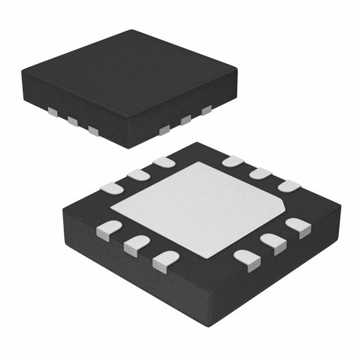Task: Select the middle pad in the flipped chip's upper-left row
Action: click(x=138, y=175)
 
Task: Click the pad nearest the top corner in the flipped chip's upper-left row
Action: click(x=164, y=162)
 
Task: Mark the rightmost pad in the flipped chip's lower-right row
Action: click(x=298, y=227)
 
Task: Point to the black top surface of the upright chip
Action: click(x=129, y=73)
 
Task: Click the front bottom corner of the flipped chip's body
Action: click(x=205, y=332)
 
